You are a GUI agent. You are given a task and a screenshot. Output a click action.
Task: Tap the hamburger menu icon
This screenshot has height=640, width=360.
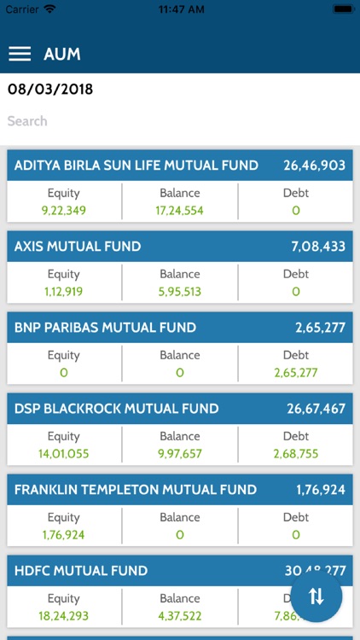pyautogui.click(x=20, y=54)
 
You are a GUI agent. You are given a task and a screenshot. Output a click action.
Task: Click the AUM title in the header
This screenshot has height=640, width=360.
pyautogui.click(x=62, y=54)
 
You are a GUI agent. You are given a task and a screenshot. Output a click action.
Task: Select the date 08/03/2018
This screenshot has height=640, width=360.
pyautogui.click(x=50, y=89)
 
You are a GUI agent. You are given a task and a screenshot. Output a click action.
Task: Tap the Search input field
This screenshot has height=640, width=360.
pyautogui.click(x=179, y=121)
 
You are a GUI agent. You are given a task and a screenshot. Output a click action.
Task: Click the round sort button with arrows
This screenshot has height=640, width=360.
pyautogui.click(x=316, y=596)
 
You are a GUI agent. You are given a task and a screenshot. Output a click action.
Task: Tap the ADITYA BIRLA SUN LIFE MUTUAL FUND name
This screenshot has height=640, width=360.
pyautogui.click(x=136, y=166)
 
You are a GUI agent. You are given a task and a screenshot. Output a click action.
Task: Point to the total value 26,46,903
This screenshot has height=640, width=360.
pyautogui.click(x=314, y=166)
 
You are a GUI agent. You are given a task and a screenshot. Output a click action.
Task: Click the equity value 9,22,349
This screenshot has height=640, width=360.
pyautogui.click(x=64, y=210)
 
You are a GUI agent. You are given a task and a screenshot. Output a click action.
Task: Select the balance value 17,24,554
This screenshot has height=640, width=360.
pyautogui.click(x=180, y=210)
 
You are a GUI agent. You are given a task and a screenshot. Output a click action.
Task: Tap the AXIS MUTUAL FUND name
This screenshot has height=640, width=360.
pyautogui.click(x=78, y=247)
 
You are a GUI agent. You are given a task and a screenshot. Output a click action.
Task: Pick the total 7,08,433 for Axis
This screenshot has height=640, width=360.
pyautogui.click(x=318, y=247)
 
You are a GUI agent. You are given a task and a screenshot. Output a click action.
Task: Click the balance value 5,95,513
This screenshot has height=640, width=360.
pyautogui.click(x=180, y=291)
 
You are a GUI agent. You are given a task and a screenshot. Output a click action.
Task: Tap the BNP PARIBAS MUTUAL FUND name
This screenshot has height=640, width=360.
pyautogui.click(x=105, y=328)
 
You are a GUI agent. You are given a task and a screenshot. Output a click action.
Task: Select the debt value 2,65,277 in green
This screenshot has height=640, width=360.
pyautogui.click(x=296, y=372)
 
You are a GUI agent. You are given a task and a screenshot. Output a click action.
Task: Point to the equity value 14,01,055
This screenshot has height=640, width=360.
pyautogui.click(x=64, y=453)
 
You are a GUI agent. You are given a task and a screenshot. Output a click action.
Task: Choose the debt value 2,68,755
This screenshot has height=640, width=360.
pyautogui.click(x=296, y=453)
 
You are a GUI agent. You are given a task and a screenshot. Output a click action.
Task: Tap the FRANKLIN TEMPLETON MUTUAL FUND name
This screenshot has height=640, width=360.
pyautogui.click(x=136, y=490)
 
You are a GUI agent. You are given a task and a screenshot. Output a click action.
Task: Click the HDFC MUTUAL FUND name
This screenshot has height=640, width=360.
pyautogui.click(x=81, y=571)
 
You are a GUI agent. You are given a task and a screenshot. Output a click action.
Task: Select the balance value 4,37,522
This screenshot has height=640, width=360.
pyautogui.click(x=180, y=615)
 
